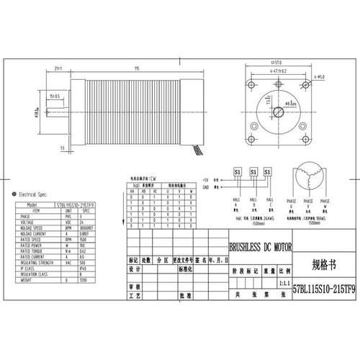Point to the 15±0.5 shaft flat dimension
pyautogui.click(x=55, y=94)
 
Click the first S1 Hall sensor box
pyautogui.click(x=237, y=173)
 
